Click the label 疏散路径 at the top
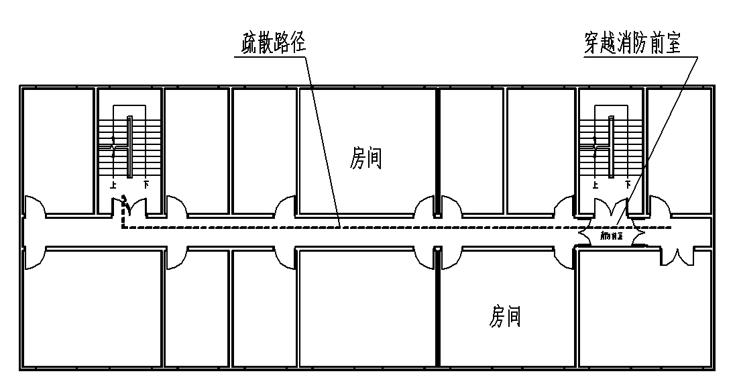pos(273,44)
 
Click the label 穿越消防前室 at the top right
pos(632,44)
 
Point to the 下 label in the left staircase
pos(146,183)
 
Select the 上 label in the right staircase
pos(593,183)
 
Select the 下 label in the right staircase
pos(628,183)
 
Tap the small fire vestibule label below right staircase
pos(611,236)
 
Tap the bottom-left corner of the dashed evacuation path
pos(123,228)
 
